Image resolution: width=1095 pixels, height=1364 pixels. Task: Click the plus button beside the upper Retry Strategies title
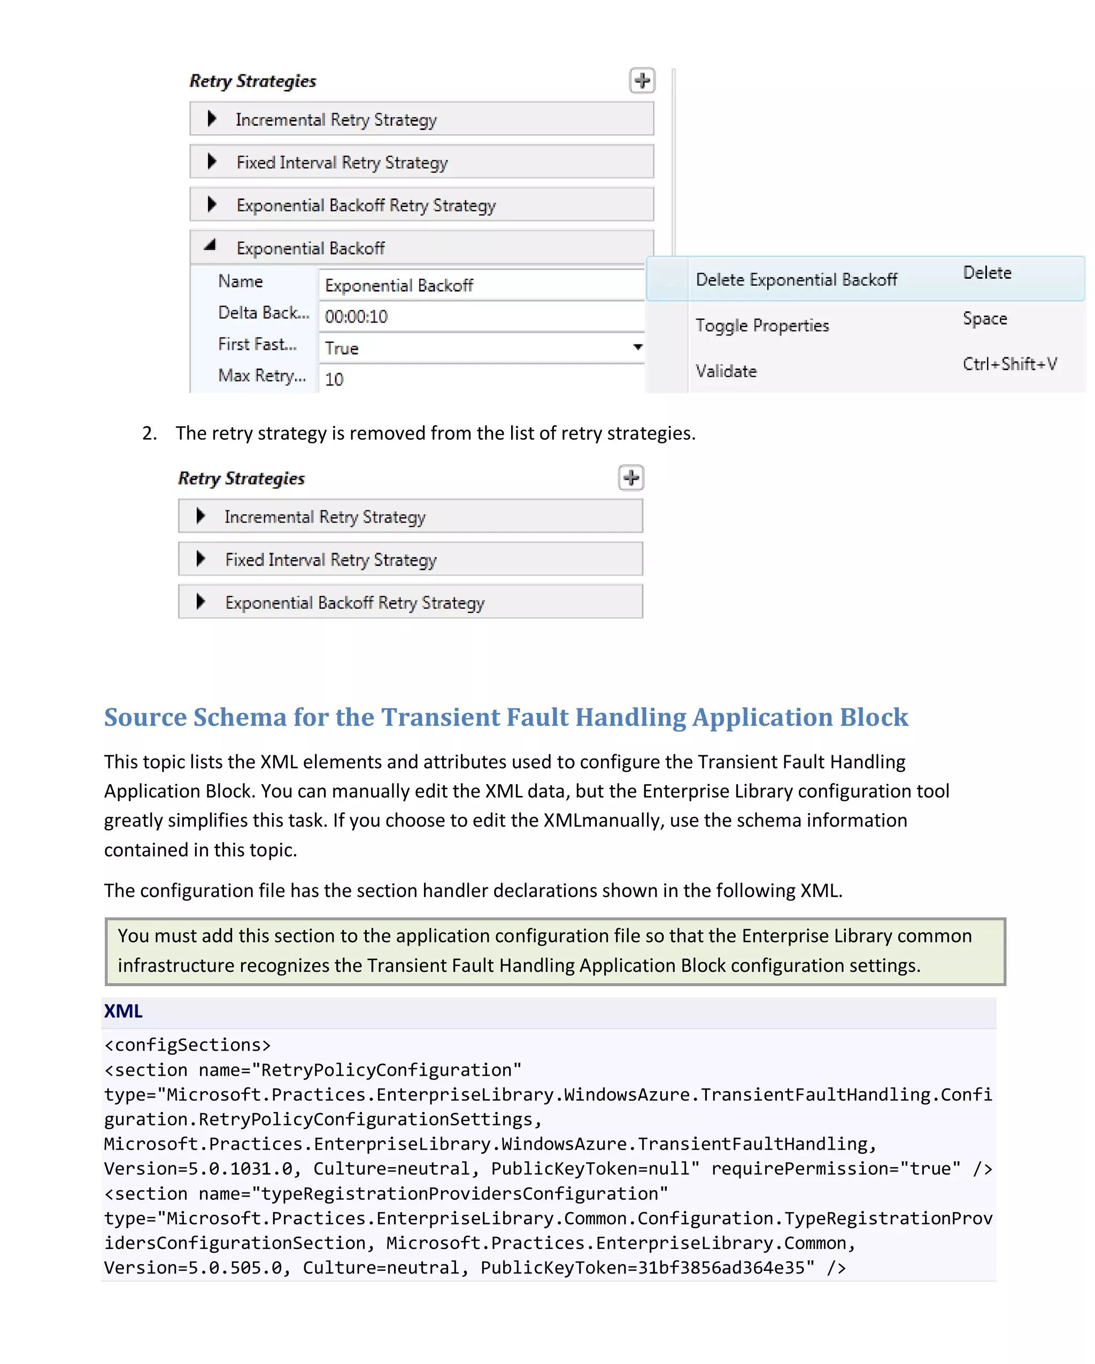(x=642, y=81)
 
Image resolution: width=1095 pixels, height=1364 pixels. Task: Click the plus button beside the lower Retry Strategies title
(x=630, y=478)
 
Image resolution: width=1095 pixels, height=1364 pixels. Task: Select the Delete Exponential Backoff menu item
(x=796, y=280)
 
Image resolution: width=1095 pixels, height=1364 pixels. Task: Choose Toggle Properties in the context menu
(x=762, y=325)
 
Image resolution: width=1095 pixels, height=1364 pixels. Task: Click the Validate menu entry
(x=726, y=371)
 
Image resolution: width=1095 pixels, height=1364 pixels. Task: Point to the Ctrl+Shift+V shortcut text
(x=1009, y=364)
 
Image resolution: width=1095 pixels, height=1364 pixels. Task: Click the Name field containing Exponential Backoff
(x=481, y=285)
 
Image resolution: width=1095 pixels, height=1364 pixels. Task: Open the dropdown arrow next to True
(x=637, y=347)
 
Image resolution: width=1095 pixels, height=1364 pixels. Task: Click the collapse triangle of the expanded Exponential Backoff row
(x=211, y=246)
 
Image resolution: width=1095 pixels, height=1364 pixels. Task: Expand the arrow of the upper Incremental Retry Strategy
(x=212, y=118)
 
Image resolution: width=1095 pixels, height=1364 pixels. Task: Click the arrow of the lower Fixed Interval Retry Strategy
(x=201, y=558)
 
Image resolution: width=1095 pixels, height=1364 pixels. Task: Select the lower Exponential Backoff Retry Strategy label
(x=354, y=603)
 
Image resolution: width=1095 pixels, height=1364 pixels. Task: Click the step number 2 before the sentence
(x=149, y=433)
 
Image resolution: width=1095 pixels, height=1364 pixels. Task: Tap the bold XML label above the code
(x=124, y=1011)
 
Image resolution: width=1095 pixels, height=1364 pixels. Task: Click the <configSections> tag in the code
(x=187, y=1045)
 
